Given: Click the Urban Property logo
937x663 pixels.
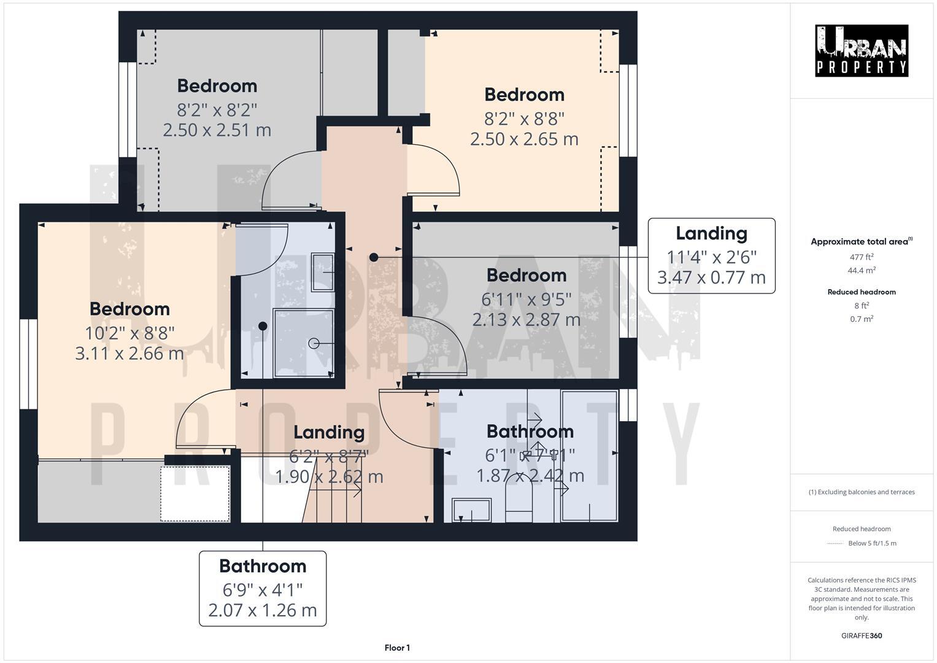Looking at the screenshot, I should click(x=861, y=51).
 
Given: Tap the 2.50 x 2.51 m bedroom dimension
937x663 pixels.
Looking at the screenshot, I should click(x=217, y=130).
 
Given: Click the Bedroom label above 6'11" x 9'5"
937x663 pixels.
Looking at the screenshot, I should click(x=526, y=275).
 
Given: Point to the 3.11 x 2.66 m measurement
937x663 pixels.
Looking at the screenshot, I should click(x=129, y=354).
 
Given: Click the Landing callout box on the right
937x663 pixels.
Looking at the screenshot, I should click(x=711, y=255).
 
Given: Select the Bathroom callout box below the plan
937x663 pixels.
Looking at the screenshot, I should click(x=263, y=588).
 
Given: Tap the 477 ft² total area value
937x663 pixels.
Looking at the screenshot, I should click(x=861, y=257).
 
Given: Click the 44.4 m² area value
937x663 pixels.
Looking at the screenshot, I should click(x=861, y=271).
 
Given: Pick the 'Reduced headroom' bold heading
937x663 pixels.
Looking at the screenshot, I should click(x=861, y=292).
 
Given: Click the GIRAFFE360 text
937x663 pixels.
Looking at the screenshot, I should click(x=861, y=635).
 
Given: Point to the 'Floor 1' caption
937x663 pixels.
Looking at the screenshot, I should click(x=397, y=648).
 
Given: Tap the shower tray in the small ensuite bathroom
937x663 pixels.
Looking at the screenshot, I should click(x=303, y=344).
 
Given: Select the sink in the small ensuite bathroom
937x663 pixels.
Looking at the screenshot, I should click(x=323, y=272).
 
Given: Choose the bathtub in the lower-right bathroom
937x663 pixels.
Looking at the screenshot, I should click(x=590, y=456).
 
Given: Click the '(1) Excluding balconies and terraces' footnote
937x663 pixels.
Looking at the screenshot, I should click(x=861, y=492).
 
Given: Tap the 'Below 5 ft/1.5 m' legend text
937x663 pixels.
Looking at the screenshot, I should click(x=871, y=543).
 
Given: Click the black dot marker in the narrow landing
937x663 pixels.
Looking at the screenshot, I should click(x=374, y=258).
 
